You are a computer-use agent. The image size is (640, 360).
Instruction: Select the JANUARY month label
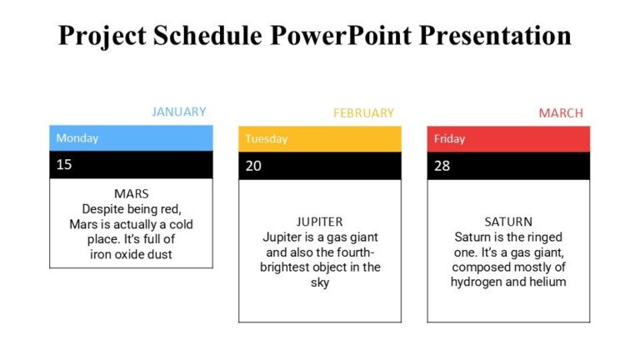coord(178,112)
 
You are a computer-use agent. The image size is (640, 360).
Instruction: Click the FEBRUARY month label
coord(363,112)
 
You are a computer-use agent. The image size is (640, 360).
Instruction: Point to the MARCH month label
coord(561,112)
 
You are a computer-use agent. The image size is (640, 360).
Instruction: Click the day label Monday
coord(77,138)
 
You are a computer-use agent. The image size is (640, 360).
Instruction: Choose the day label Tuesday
coord(266,139)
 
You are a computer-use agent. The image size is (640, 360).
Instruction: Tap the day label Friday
coord(449,139)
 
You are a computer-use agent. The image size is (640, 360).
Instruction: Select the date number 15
coord(64,164)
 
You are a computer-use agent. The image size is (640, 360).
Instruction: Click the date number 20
coord(253,166)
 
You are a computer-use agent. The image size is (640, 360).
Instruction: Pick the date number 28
coord(442,166)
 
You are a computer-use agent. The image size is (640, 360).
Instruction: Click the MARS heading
coord(131,194)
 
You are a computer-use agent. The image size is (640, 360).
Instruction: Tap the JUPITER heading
coord(320,222)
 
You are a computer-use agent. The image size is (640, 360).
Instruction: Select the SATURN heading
coord(508,222)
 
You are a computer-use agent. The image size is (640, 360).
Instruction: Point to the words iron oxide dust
coord(131,254)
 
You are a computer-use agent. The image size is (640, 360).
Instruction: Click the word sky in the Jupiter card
coord(320,282)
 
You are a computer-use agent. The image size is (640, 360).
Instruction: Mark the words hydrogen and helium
coord(508,282)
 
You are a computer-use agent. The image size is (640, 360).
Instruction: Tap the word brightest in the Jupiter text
coord(288,267)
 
